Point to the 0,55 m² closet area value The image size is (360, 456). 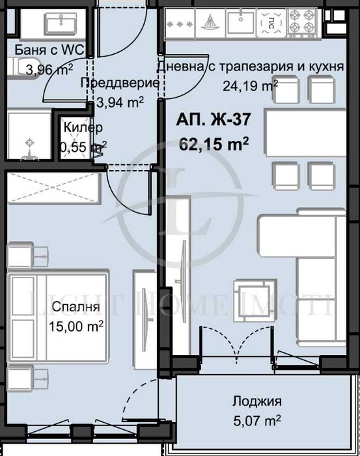[x=83, y=147]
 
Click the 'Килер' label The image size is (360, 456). [x=81, y=128]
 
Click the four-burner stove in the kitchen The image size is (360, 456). [x=303, y=22]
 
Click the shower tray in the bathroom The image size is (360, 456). [x=29, y=135]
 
